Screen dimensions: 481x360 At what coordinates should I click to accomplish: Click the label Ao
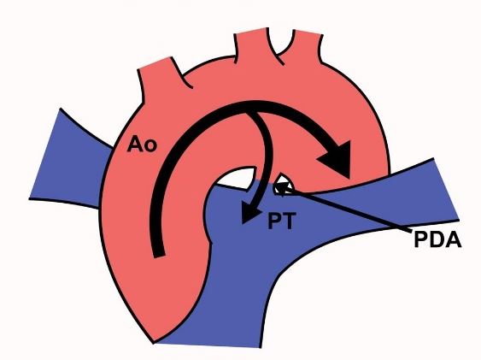coord(142,145)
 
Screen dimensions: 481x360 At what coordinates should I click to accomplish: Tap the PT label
coord(282,221)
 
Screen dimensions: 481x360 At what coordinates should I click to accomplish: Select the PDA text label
coord(437,239)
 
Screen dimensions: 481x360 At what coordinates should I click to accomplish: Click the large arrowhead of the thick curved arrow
coord(336,158)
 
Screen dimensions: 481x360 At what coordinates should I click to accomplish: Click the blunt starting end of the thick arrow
coord(159,256)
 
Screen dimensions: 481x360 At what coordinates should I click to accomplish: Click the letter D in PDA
coord(437,239)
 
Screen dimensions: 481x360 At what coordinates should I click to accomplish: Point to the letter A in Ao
coord(135,145)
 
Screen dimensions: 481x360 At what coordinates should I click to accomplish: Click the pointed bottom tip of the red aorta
coord(154,342)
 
